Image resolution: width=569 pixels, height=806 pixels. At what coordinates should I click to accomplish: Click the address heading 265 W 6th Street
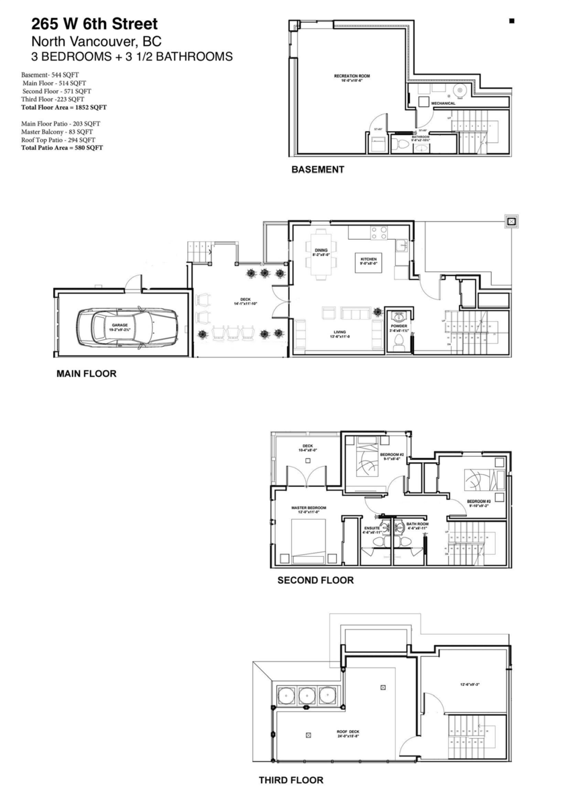pos(94,25)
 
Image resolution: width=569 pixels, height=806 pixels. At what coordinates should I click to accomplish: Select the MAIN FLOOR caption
pos(86,373)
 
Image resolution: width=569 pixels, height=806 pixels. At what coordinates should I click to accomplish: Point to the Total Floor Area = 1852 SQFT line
pos(64,107)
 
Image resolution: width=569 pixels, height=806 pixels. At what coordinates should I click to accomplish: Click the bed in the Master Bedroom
pos(307,541)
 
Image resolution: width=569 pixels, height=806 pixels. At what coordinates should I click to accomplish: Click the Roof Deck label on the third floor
pos(349,733)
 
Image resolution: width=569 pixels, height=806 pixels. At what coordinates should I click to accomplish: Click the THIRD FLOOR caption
pos(291,780)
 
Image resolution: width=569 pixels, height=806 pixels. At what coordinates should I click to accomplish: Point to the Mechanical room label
pos(444,103)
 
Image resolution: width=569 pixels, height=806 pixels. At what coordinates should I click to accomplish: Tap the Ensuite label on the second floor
pos(372,529)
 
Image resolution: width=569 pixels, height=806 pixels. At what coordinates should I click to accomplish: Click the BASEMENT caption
pos(317,170)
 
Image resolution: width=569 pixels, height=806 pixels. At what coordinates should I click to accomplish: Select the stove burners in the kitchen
pos(378,232)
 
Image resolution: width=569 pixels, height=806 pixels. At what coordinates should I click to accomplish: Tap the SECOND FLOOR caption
pos(315,580)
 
